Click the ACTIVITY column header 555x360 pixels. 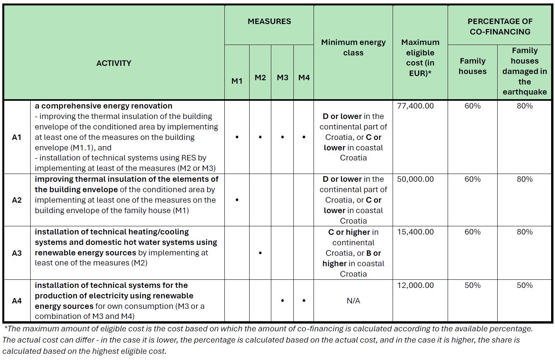114,63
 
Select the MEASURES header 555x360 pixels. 269,22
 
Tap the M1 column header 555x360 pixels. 237,81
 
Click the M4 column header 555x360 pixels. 304,78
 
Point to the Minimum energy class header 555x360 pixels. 353,48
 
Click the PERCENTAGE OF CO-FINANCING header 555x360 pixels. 500,27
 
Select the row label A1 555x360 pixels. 17,137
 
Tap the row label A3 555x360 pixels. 17,253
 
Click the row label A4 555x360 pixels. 17,301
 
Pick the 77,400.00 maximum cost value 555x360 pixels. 415,106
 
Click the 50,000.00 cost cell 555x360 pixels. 415,179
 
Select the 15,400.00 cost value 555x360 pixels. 415,232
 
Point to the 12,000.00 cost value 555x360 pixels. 415,286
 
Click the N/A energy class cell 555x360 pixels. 353,301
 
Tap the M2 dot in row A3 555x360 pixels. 260,253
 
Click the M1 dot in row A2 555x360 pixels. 237,200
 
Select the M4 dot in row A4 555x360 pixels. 304,301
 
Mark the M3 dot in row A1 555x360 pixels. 283,137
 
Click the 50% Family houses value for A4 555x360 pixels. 472,286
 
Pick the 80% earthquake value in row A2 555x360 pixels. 524,179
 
